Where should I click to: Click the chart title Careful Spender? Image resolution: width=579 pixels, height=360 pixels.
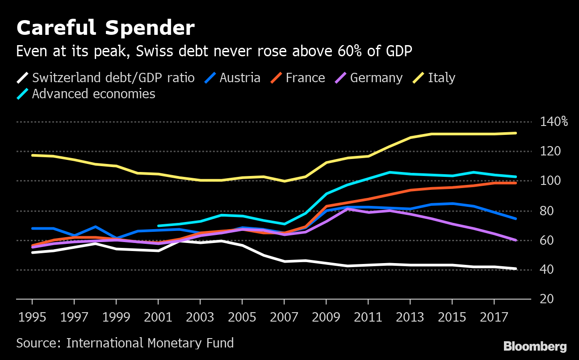[105, 29]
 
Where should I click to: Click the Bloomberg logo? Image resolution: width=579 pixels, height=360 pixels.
[535, 346]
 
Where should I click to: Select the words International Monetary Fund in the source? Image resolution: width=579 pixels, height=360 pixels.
[150, 343]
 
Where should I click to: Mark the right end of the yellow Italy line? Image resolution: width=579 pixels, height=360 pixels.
[516, 133]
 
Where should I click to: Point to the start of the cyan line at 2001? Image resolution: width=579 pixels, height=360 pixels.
[159, 226]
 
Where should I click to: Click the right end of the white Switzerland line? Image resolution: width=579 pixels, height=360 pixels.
[516, 269]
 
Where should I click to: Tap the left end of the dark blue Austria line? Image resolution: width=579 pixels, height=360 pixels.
[33, 228]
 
